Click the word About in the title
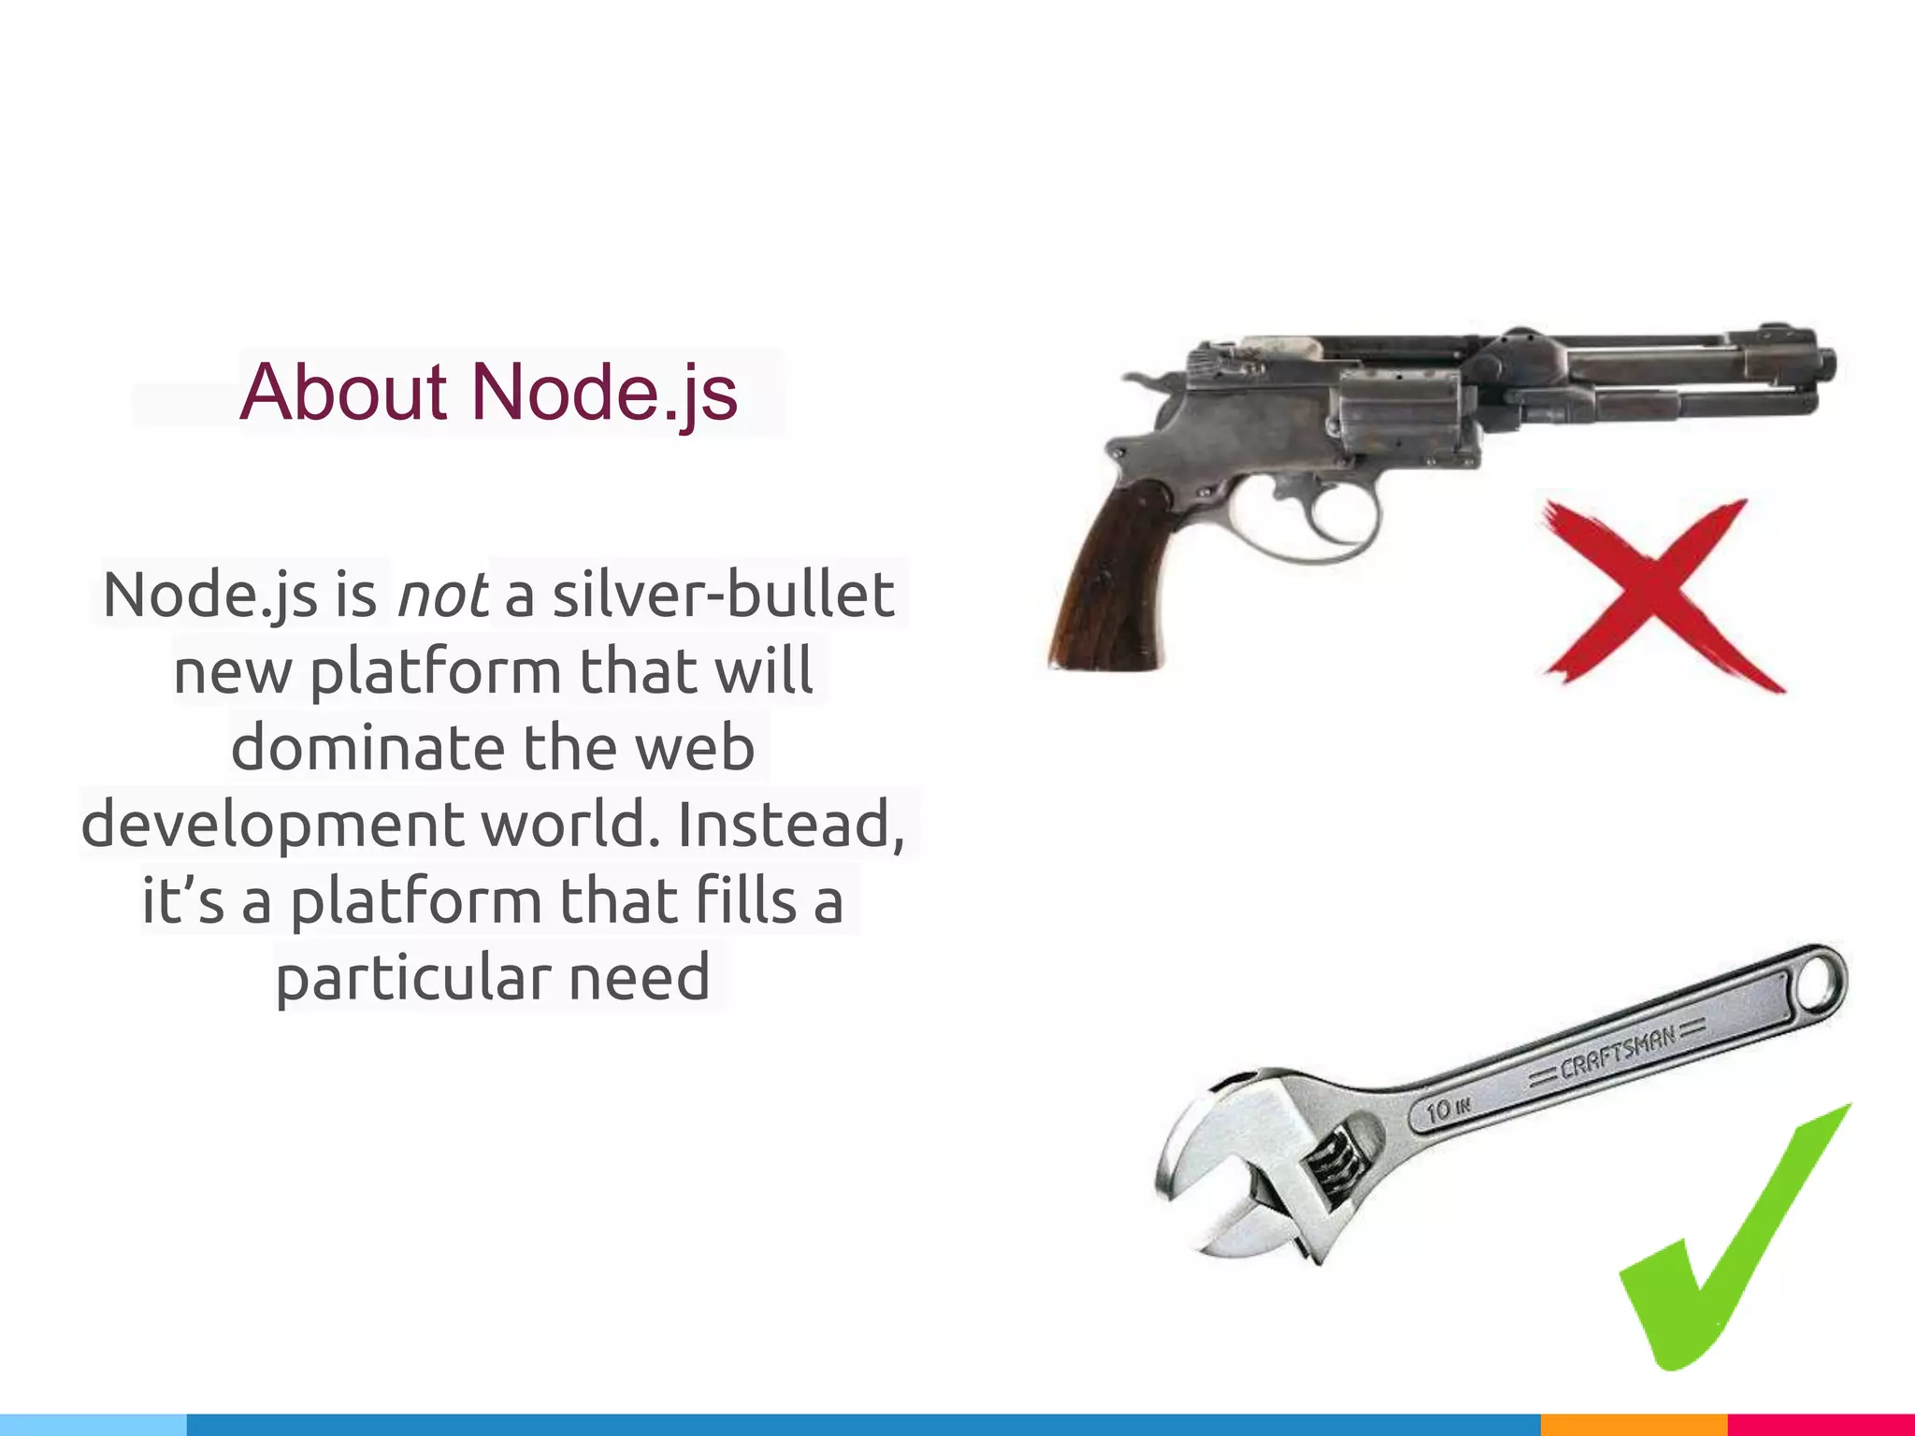point(342,392)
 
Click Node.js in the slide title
point(604,392)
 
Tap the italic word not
point(442,595)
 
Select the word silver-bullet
point(723,595)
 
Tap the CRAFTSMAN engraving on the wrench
point(1618,1053)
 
